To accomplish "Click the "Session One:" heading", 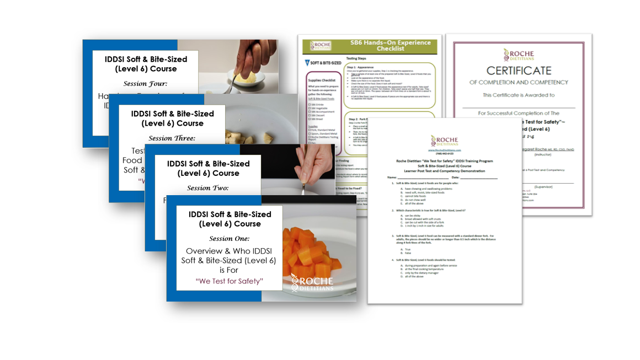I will pos(229,239).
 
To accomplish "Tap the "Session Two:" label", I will pos(207,188).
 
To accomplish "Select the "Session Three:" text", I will pos(172,138).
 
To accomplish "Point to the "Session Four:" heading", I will pos(145,84).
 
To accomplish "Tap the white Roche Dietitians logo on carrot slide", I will pos(312,282).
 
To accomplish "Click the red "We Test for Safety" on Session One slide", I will pos(229,281).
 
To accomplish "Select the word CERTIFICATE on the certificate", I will pos(519,71).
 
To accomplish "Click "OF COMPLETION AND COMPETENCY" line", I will pos(519,83).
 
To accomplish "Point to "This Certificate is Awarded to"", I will pos(518,95).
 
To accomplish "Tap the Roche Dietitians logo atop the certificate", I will pos(519,55).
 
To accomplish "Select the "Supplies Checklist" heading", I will pos(322,80).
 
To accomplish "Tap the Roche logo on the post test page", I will pos(445,141).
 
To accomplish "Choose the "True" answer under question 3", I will pos(408,249).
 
